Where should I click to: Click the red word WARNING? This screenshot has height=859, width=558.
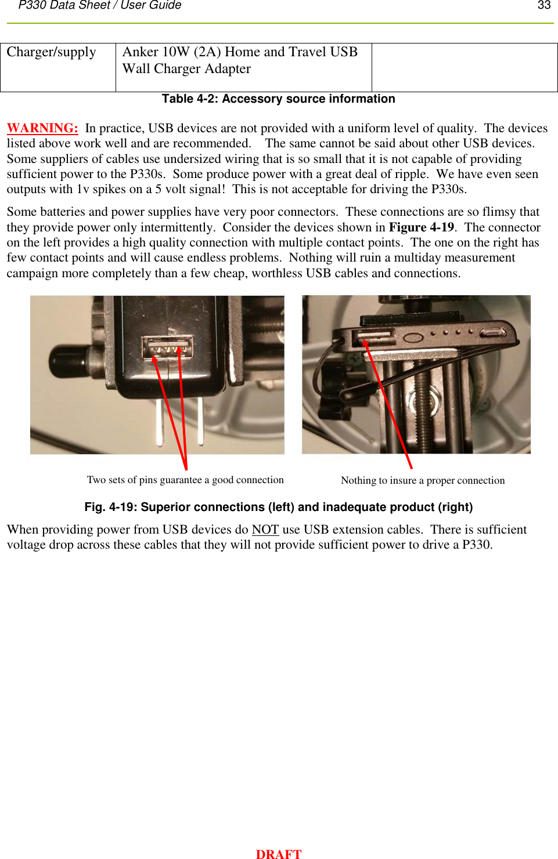[42, 128]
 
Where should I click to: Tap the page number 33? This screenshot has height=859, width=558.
[543, 5]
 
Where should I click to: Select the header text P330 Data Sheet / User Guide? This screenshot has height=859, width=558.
[100, 5]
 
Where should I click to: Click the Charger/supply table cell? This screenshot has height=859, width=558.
[57, 67]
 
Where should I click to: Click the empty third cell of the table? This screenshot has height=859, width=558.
[464, 67]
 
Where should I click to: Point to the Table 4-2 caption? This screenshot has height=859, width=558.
[278, 99]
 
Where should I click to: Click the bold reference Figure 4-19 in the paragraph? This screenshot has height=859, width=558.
[421, 227]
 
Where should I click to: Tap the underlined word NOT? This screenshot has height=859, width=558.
[265, 530]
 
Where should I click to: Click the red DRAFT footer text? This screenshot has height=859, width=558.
[279, 854]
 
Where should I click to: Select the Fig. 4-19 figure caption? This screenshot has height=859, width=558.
[278, 507]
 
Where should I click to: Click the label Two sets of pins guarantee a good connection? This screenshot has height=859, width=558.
[185, 480]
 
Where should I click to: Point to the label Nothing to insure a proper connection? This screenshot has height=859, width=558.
[422, 481]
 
